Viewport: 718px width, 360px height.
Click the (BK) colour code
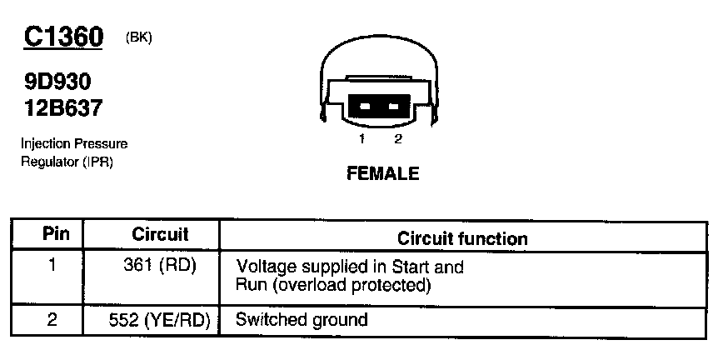tap(138, 37)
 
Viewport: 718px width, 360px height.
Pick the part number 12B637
tap(63, 107)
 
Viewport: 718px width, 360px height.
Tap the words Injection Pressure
tap(74, 144)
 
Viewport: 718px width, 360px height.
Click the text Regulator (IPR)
tap(67, 161)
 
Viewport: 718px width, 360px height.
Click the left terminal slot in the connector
tap(364, 107)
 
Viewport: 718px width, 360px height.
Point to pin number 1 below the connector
tap(363, 138)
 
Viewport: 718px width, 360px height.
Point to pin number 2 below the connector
tap(397, 138)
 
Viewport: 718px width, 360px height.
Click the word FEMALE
tap(382, 175)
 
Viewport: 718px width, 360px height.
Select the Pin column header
tap(55, 235)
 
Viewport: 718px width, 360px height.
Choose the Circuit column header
tap(160, 235)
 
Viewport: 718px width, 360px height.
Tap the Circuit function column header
tap(462, 239)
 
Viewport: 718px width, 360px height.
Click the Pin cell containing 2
tap(51, 319)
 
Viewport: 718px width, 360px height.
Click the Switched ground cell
tap(302, 319)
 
